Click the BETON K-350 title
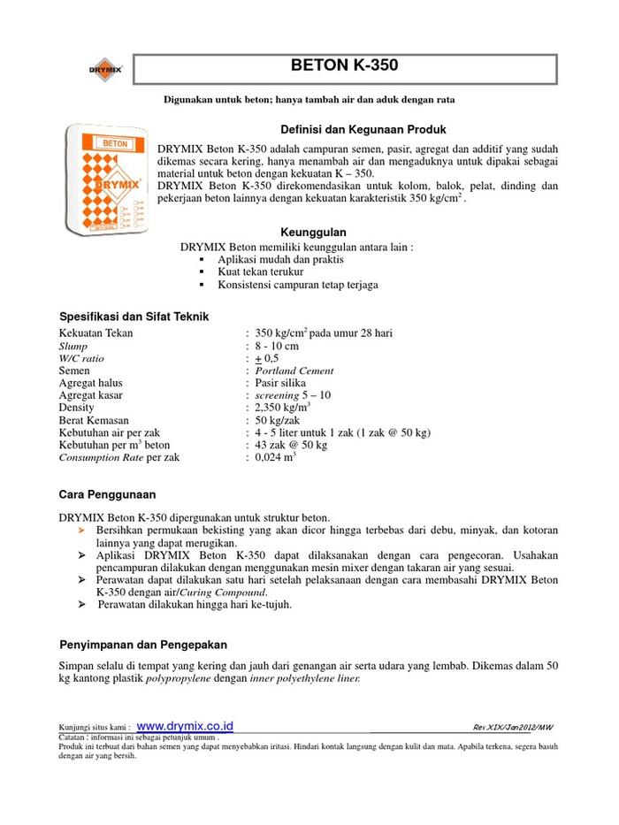[x=344, y=66]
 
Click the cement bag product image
[x=105, y=178]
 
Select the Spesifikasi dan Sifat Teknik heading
[x=134, y=317]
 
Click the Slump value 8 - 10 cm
[x=277, y=346]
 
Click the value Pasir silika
[x=280, y=383]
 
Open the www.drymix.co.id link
[x=185, y=725]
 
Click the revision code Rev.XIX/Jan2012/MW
[x=516, y=727]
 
